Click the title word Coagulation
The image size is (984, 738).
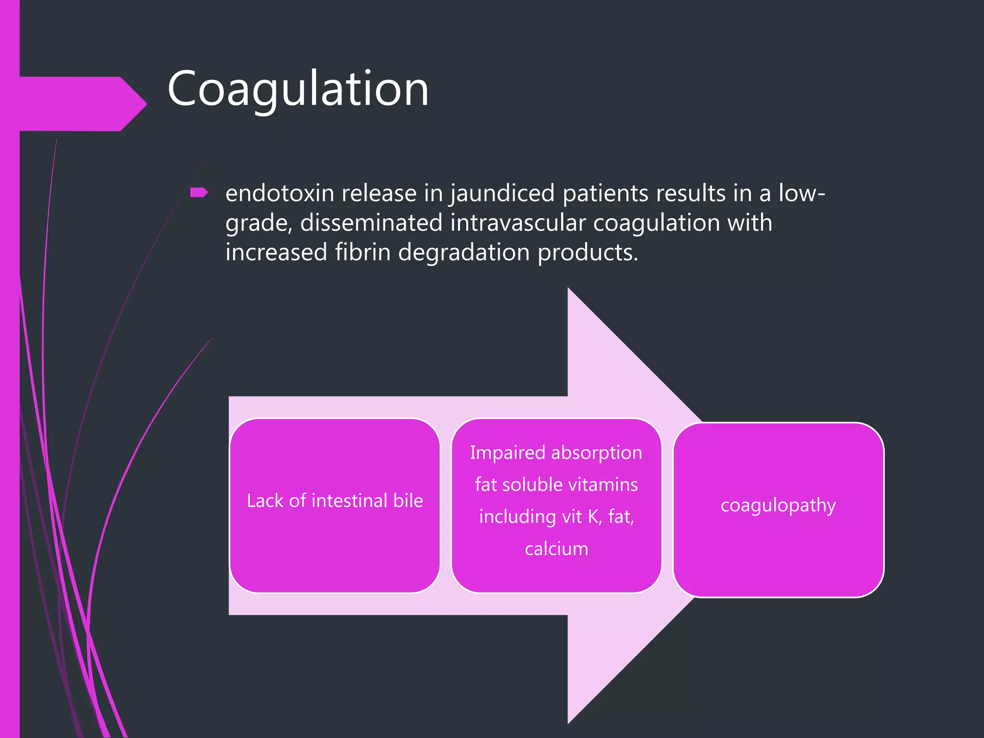pos(297,89)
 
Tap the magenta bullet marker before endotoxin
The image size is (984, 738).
pos(198,193)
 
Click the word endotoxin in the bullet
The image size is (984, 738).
pos(280,193)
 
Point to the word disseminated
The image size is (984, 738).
pos(371,223)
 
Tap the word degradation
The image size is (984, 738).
pos(463,253)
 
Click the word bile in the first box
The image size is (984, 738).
pos(408,501)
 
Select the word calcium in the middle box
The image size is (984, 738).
pos(556,549)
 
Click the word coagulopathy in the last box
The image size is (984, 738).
pos(778,505)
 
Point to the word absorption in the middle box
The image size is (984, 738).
pos(596,453)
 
